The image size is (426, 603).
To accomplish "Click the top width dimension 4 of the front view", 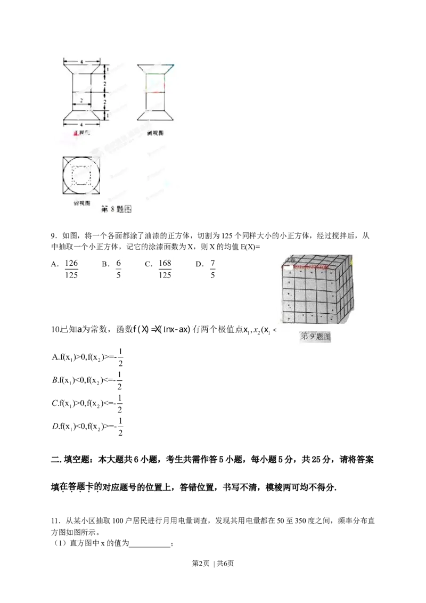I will click(81, 62).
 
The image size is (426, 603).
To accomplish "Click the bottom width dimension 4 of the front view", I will click(81, 124).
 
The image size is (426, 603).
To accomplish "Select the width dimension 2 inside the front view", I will click(81, 100).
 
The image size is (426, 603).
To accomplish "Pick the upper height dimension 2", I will click(106, 83).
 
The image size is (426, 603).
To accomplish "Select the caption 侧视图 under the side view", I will click(155, 133).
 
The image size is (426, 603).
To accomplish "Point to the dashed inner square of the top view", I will click(81, 175).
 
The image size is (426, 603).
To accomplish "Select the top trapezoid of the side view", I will click(155, 69).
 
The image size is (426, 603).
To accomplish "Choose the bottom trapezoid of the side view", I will click(155, 116).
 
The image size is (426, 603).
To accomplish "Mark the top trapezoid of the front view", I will click(81, 69).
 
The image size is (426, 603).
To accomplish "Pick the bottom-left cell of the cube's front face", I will click(288, 317).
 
